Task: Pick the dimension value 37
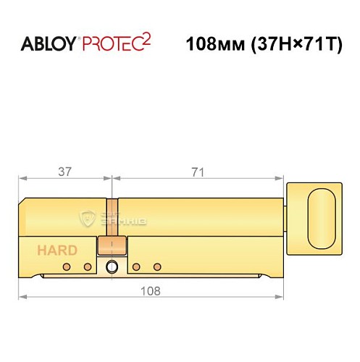point(66,172)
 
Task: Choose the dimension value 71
point(197,172)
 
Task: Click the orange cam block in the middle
point(111,244)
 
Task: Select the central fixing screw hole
point(111,268)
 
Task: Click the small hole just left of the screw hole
point(88,267)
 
